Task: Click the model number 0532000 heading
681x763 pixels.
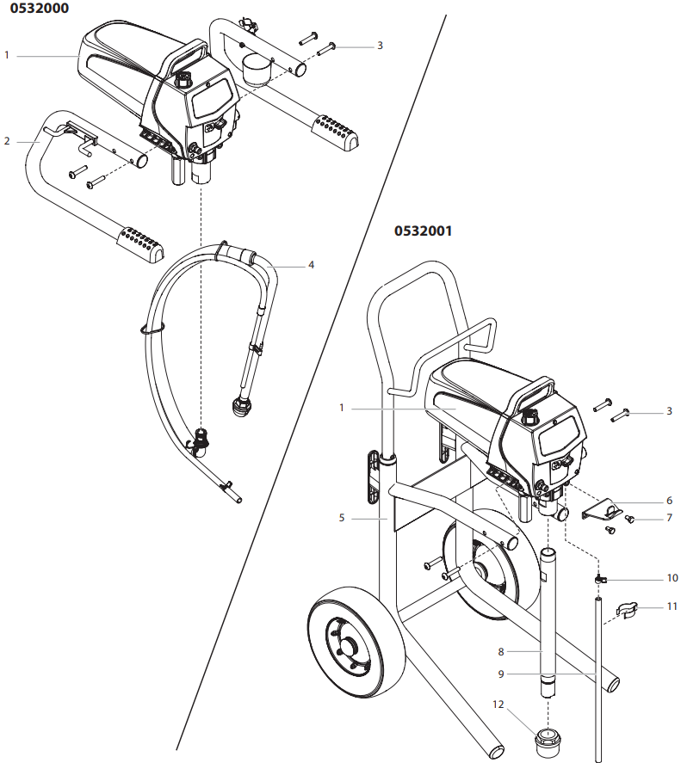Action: [35, 8]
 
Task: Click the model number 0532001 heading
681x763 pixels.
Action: [423, 231]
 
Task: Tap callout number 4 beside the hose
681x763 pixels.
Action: [311, 265]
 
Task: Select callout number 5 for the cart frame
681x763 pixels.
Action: [341, 519]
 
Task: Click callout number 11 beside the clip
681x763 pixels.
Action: [672, 606]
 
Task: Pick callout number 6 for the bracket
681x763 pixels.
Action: [669, 500]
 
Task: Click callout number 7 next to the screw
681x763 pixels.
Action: [669, 519]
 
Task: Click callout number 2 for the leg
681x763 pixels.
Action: [7, 140]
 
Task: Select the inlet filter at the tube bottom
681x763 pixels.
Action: [548, 740]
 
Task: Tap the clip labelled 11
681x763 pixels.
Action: [630, 612]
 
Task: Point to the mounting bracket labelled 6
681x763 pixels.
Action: [604, 510]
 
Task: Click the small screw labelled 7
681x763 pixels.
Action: [629, 519]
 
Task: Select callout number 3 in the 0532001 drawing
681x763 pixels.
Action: [669, 412]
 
